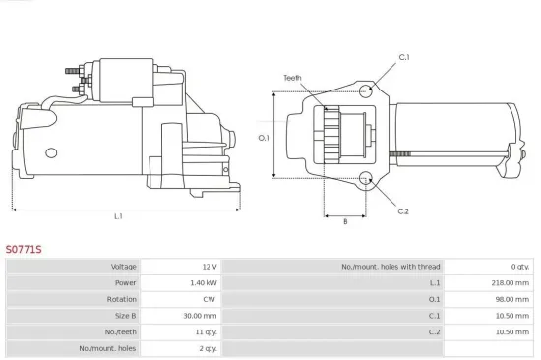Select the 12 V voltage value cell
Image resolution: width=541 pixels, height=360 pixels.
(208, 267)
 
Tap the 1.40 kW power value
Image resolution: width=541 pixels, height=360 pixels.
(203, 283)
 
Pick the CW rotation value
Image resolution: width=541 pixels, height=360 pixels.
(209, 299)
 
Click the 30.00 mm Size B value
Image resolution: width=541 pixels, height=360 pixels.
(202, 316)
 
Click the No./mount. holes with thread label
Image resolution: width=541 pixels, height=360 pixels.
(389, 267)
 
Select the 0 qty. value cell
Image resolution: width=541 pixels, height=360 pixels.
(519, 267)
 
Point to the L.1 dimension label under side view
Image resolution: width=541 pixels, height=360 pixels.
(118, 216)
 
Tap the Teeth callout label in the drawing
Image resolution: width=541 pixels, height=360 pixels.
(292, 78)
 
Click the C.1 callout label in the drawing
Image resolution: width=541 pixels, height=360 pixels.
(403, 57)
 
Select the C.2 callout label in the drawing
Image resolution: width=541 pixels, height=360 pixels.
(403, 211)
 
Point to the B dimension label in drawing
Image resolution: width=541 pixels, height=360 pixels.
(344, 221)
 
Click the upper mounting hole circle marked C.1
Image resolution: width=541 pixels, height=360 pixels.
(366, 91)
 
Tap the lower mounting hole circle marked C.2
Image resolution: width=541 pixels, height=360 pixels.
(366, 179)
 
